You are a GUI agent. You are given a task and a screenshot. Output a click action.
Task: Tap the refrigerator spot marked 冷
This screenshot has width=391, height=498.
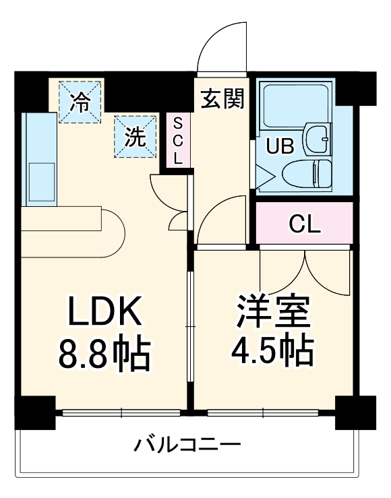pyautogui.click(x=80, y=102)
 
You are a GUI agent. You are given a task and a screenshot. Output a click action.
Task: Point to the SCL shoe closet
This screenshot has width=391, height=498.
pyautogui.click(x=178, y=141)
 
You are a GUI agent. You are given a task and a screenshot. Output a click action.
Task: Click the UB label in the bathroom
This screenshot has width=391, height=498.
pyautogui.click(x=278, y=145)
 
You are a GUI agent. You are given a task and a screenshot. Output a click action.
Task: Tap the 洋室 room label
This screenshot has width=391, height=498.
pyautogui.click(x=272, y=311)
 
